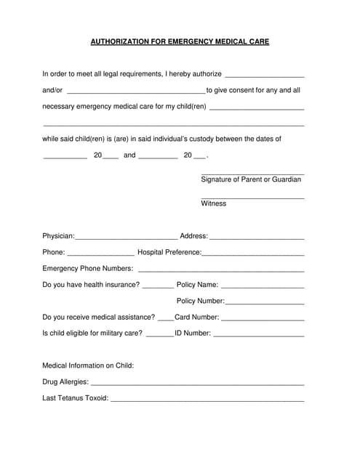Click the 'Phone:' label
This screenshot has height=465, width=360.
tap(53, 252)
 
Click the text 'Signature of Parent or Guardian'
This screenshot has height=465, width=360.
tap(251, 179)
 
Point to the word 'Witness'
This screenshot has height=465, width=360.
tap(213, 203)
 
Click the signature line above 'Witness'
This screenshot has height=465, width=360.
tap(252, 198)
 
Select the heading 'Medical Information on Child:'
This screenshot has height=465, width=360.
tap(88, 365)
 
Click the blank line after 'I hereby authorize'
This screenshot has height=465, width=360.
tap(265, 76)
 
